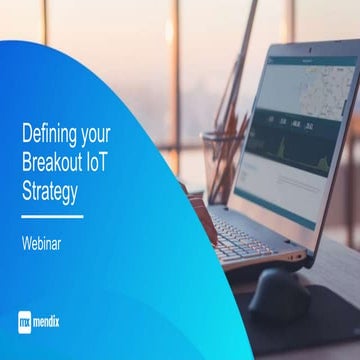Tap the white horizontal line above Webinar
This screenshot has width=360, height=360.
[53, 214]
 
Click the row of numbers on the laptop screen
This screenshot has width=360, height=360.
[290, 124]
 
